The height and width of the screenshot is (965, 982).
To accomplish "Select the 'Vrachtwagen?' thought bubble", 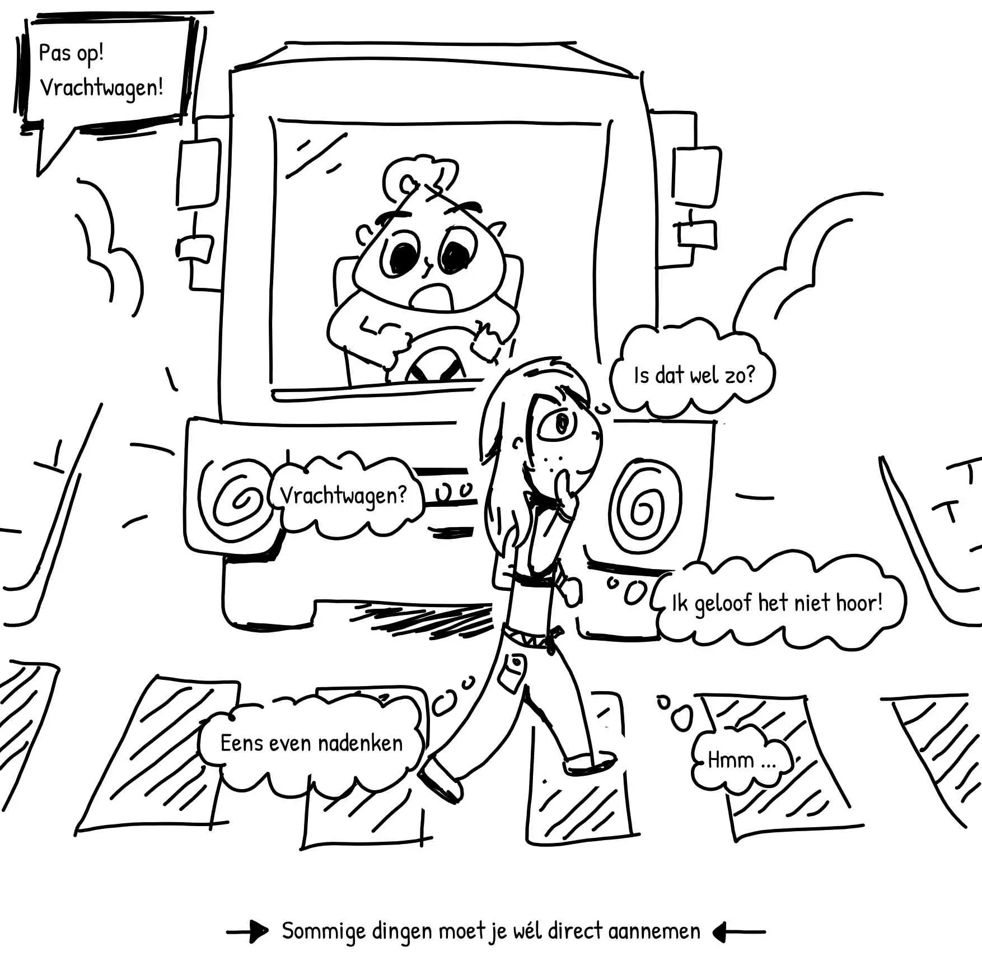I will (343, 496).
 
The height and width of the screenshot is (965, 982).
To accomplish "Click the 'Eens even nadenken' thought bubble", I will (311, 744).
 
